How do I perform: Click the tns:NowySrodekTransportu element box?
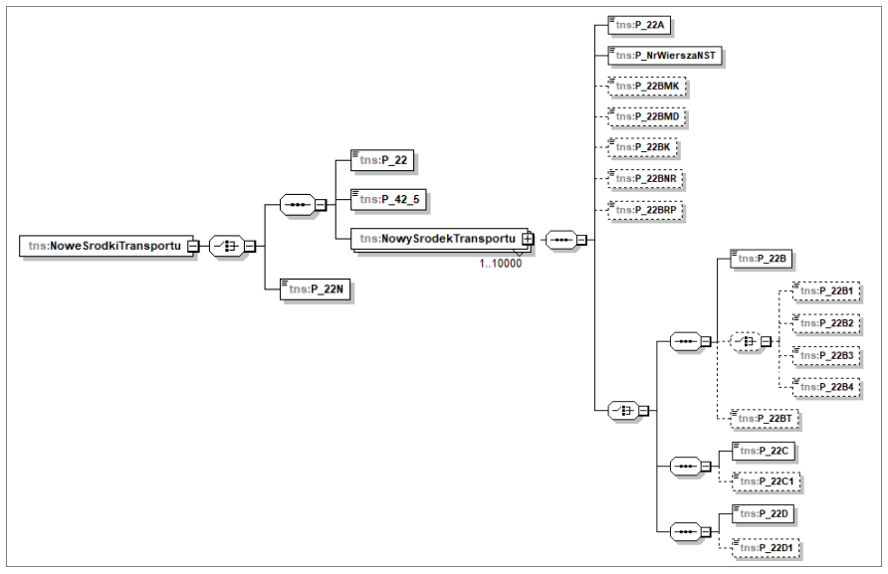(x=437, y=239)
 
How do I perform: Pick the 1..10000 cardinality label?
(x=500, y=263)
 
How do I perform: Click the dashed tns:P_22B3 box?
(x=825, y=355)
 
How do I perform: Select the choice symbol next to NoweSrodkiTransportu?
(x=228, y=247)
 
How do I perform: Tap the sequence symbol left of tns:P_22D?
(x=685, y=530)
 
